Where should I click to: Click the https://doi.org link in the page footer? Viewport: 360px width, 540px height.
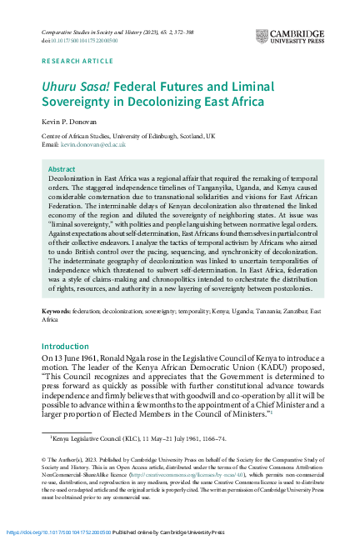coord(57,531)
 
